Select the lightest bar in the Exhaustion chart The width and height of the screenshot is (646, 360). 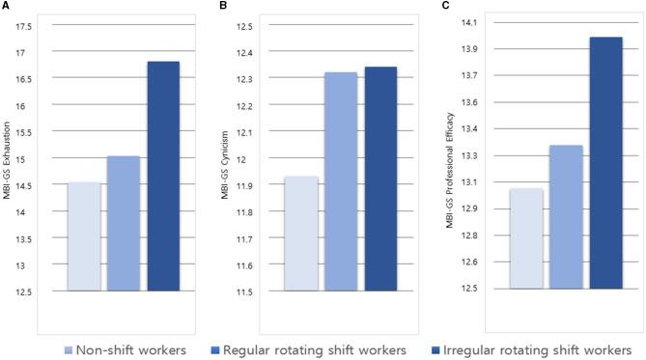[83, 236]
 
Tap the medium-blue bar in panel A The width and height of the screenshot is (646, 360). [123, 223]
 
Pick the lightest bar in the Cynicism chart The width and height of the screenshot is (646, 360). [301, 234]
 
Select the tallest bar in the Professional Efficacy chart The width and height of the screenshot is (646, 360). [605, 163]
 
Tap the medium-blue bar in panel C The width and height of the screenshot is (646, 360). [566, 217]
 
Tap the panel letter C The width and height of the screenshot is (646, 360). [445, 6]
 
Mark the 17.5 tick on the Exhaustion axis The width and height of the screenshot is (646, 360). [24, 26]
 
